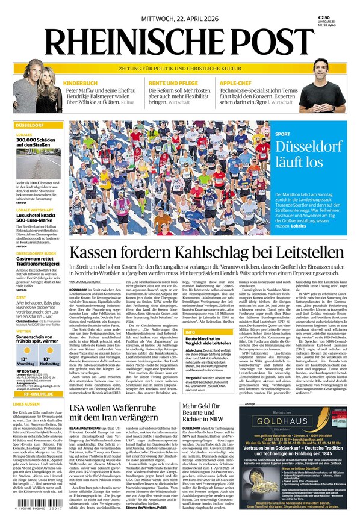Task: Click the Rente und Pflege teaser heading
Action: pos(173,82)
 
